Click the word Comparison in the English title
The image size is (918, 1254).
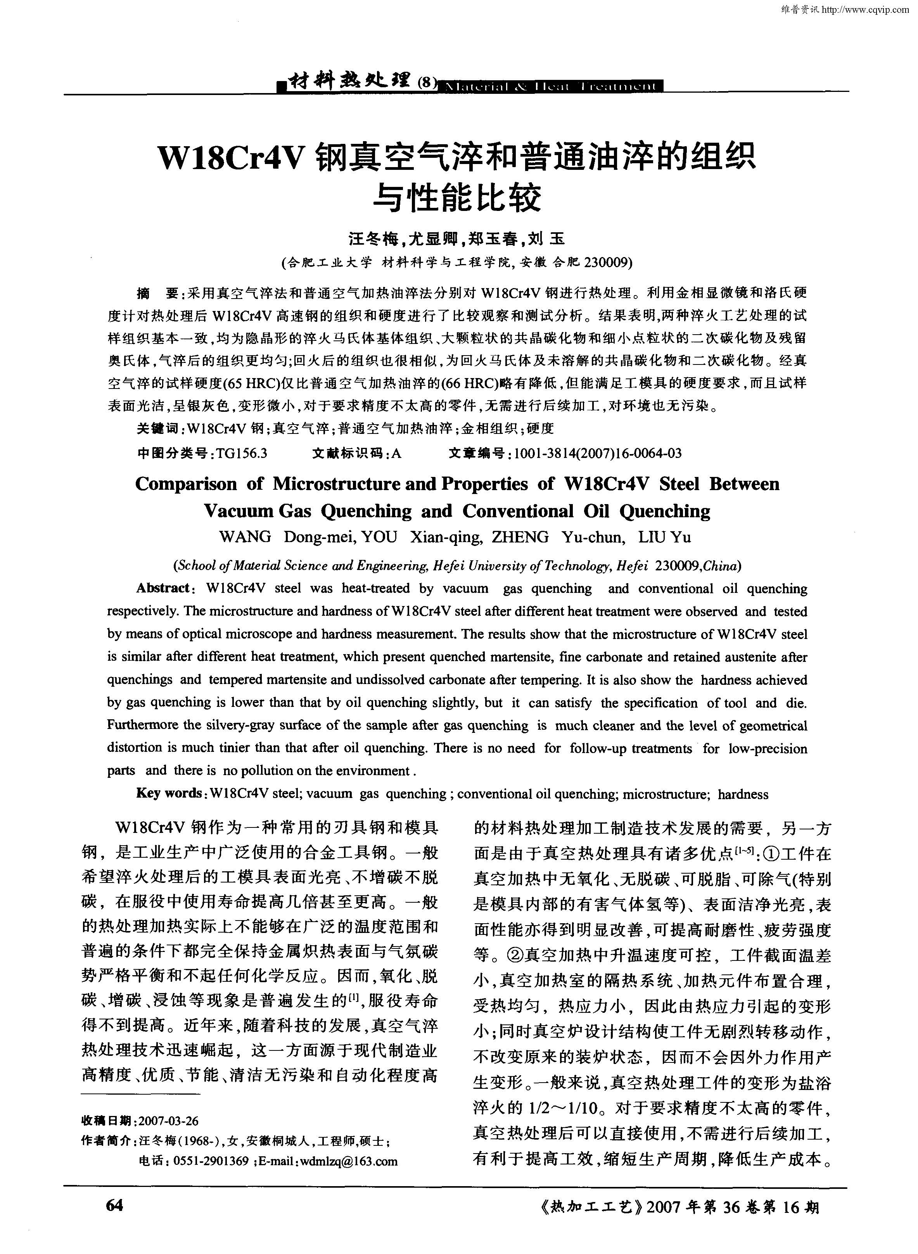pos(186,484)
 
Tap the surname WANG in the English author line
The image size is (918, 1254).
pos(245,537)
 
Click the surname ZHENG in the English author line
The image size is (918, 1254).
pos(520,537)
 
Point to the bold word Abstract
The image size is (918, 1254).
pos(163,588)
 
